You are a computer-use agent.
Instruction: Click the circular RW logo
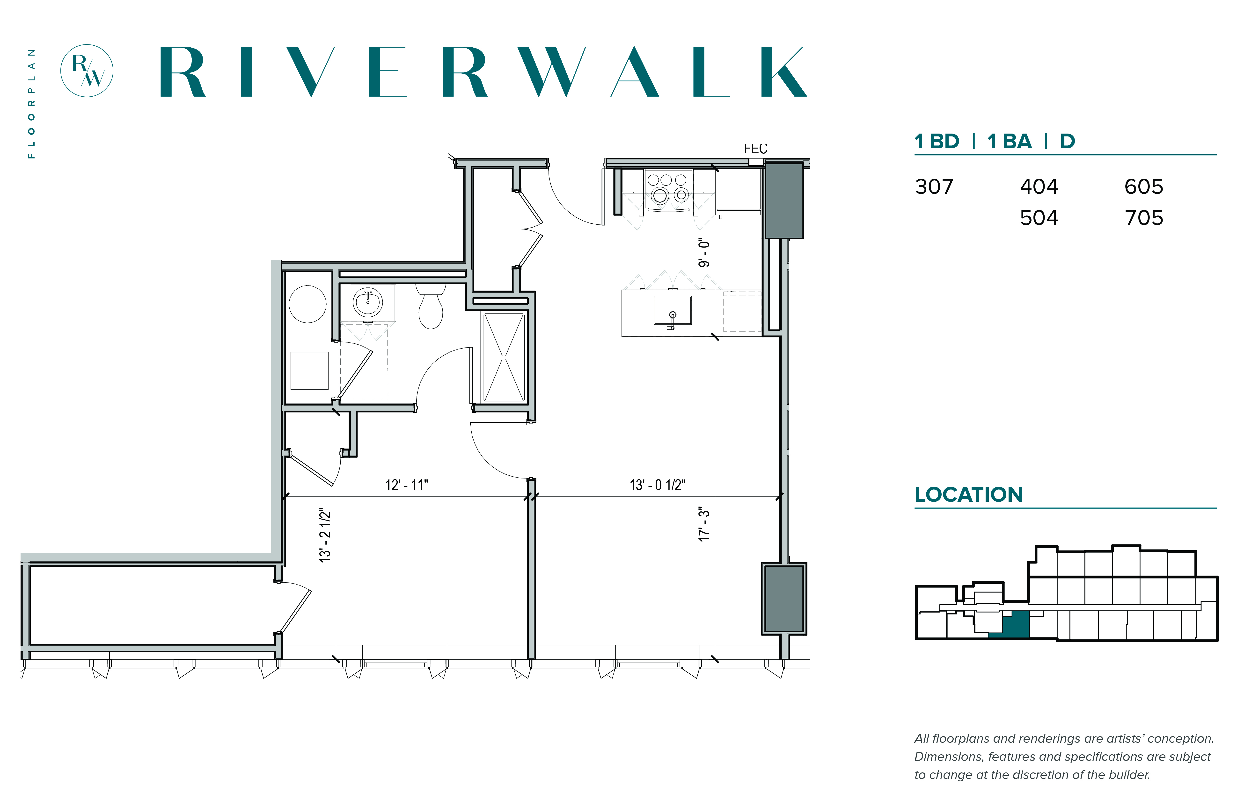(87, 71)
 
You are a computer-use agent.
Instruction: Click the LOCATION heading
(968, 494)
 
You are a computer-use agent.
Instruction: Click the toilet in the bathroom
(431, 306)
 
